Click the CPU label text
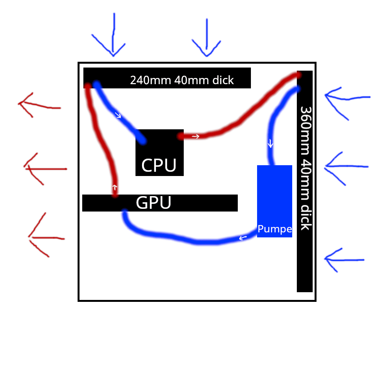[x=159, y=166]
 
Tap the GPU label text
[x=154, y=203]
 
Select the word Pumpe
[x=274, y=229]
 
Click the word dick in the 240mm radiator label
[x=223, y=80]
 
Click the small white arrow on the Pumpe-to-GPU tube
[x=243, y=238]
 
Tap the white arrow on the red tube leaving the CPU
[x=196, y=136]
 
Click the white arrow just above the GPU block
[x=115, y=188]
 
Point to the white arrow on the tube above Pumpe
[x=271, y=144]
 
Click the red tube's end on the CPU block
[x=181, y=136]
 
